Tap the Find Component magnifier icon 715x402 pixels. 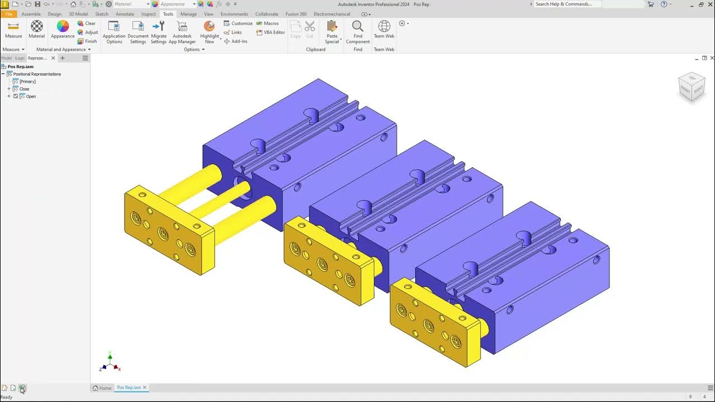(357, 27)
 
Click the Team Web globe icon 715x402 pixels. (384, 27)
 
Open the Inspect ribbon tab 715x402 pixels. (149, 14)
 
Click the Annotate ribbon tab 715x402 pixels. (125, 14)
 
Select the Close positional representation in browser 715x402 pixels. (24, 89)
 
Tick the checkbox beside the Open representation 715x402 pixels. (16, 96)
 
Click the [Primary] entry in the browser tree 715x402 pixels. (27, 82)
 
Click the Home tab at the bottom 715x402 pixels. (102, 387)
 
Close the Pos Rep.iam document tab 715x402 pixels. (145, 387)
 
